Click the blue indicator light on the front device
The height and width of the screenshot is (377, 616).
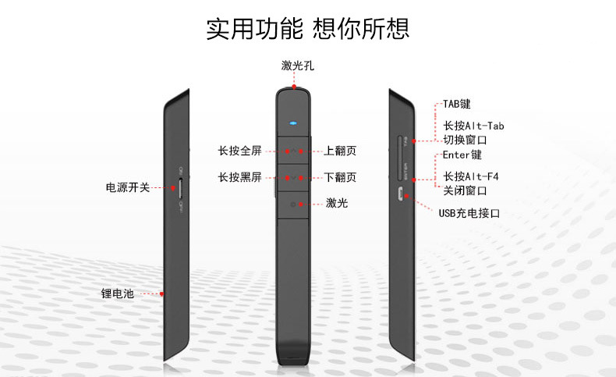tap(293, 123)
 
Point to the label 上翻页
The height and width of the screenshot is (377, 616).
tap(340, 151)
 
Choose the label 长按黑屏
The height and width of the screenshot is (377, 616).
tap(239, 177)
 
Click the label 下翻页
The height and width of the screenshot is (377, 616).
tap(340, 177)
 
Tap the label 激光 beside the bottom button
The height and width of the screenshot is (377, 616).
tap(337, 204)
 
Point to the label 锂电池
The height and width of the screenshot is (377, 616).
tap(118, 294)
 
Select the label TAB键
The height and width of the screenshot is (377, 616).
tap(457, 104)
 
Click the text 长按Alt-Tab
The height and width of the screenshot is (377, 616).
tap(474, 126)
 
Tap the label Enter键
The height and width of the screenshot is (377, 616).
tap(462, 155)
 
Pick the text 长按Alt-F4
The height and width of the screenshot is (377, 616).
tap(470, 176)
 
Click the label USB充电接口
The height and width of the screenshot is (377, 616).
tap(469, 212)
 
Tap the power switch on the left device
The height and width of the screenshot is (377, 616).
tap(182, 187)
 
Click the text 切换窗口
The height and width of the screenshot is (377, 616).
tap(465, 140)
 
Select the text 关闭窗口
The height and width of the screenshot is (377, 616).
tap(465, 190)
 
